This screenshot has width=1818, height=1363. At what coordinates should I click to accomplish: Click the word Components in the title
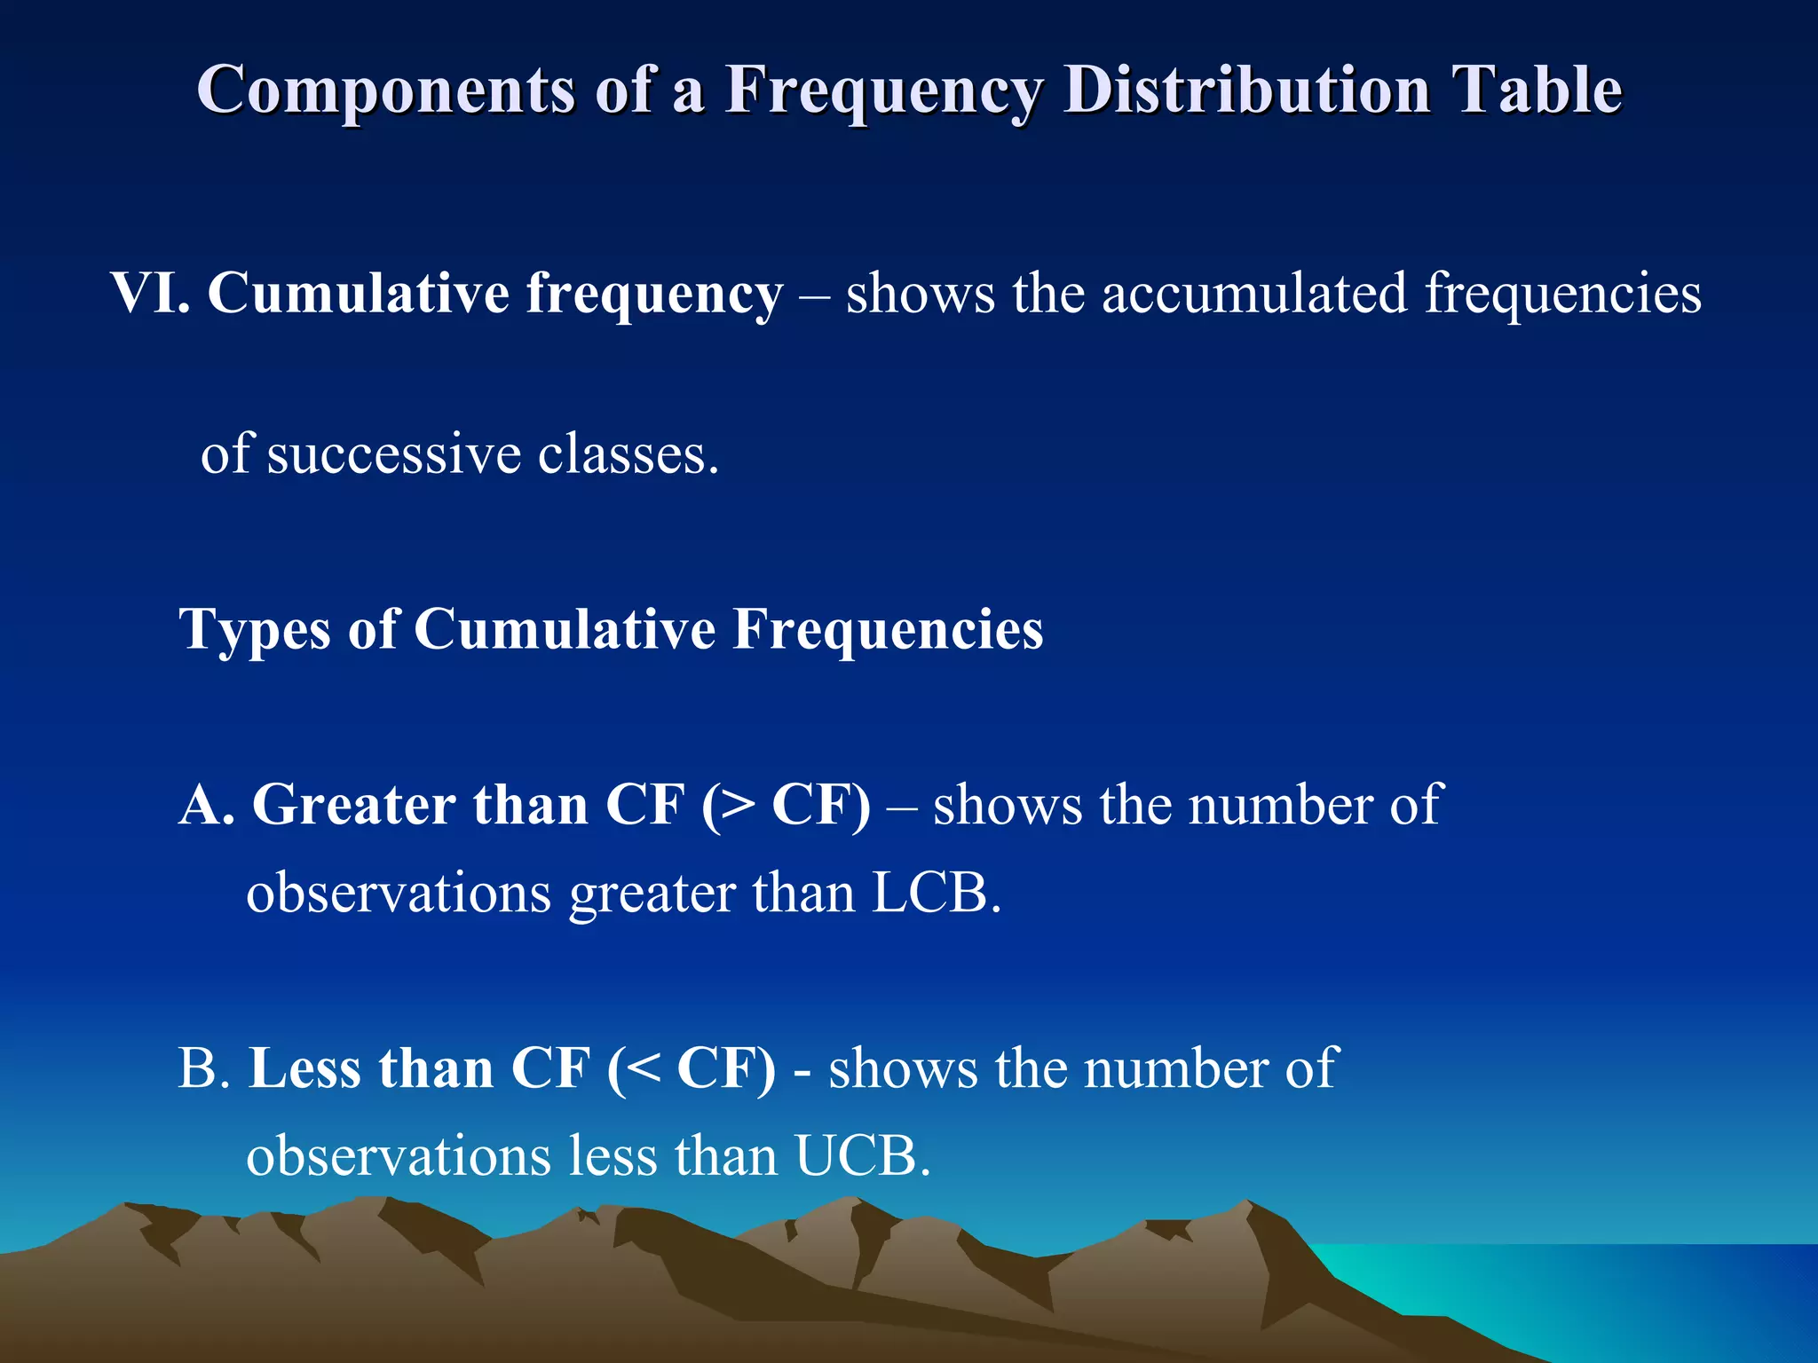tap(385, 91)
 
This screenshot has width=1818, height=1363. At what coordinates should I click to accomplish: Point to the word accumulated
tap(1253, 294)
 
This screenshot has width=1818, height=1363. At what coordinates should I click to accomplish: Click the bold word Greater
tap(352, 806)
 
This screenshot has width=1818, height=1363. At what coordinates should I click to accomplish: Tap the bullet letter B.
tap(203, 1068)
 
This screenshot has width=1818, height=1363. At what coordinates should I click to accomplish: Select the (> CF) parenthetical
tap(786, 806)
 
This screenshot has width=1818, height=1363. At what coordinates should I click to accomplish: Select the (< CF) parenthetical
tap(691, 1068)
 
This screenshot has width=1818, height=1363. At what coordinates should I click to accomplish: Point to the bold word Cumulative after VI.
tap(359, 294)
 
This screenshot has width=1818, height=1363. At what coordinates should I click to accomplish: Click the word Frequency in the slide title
tap(883, 91)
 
